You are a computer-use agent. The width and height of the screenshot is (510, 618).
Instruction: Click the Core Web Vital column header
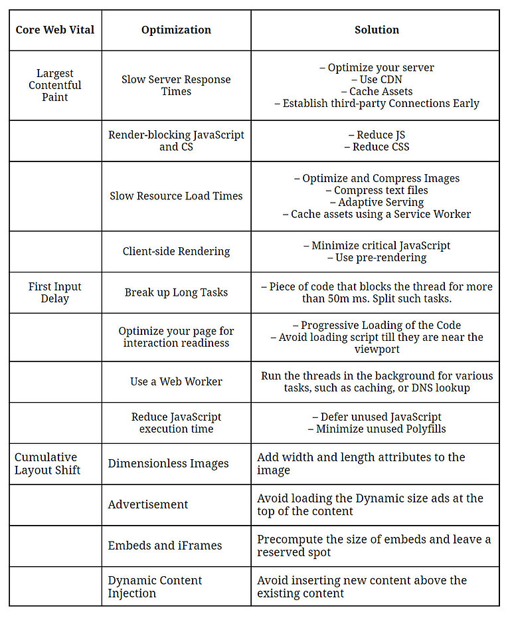click(x=55, y=30)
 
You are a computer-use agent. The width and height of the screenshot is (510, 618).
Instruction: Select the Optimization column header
click(x=176, y=30)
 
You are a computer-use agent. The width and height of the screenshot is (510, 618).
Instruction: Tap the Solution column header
click(x=377, y=30)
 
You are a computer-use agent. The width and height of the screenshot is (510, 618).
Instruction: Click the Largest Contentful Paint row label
click(x=55, y=85)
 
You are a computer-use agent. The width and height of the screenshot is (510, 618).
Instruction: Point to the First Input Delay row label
click(x=55, y=292)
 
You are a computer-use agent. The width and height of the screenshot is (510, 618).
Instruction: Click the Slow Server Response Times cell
click(x=176, y=85)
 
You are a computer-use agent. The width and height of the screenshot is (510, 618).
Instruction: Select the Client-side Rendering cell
click(x=176, y=251)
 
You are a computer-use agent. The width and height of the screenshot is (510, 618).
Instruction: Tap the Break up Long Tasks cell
click(x=176, y=292)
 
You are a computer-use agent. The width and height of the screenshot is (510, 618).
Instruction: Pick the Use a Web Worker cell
click(x=176, y=381)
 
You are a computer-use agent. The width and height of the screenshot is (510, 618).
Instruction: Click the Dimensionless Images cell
click(x=168, y=463)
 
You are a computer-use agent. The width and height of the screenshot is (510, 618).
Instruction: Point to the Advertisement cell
click(x=148, y=504)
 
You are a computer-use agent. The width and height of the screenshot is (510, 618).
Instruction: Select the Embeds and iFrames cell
click(x=165, y=546)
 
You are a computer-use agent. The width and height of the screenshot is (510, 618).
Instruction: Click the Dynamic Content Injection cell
click(x=155, y=586)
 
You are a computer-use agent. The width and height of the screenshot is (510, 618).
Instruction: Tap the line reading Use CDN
click(x=377, y=79)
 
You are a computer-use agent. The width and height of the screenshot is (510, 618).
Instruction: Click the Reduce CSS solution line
click(x=377, y=147)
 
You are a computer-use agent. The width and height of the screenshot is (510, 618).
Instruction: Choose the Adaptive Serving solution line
click(x=377, y=202)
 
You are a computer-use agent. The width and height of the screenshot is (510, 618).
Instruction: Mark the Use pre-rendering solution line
click(x=377, y=257)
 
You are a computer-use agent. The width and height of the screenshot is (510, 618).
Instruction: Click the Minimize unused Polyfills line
click(x=377, y=429)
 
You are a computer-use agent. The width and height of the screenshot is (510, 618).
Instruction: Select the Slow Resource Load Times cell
click(x=176, y=196)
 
